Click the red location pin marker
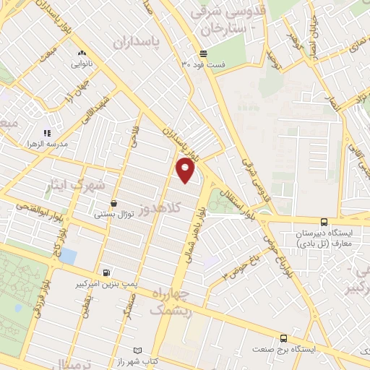[186, 169]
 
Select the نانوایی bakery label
[81, 64]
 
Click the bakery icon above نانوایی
[81, 53]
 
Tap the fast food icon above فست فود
[204, 53]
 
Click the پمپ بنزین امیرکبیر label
[107, 284]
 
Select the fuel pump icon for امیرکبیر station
[107, 272]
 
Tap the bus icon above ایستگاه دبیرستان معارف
[323, 223]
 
